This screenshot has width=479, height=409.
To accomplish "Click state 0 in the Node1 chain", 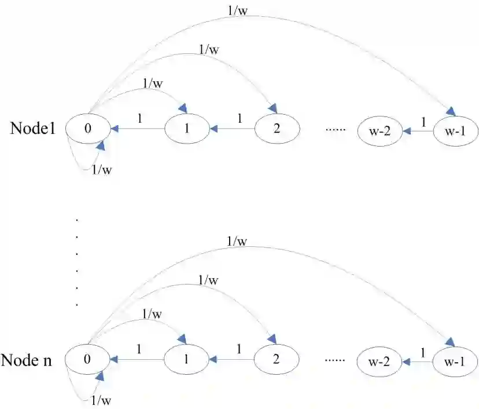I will pos(87,129).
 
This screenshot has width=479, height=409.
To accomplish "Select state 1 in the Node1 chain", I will pos(187,129).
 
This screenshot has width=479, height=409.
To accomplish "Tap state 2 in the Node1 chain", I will pos(277,129).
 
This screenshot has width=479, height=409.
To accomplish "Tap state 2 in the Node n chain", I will pos(276,359).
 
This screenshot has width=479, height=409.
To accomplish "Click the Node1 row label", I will pos(32,129).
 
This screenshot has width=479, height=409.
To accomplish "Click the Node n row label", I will pos(27,360).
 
